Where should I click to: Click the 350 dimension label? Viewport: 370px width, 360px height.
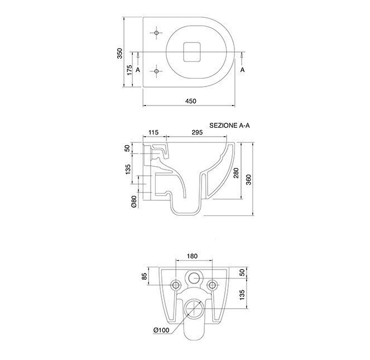tap(120, 54)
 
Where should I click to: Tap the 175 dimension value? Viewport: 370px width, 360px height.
tap(129, 70)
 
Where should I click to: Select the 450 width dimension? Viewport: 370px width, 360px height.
tap(191, 101)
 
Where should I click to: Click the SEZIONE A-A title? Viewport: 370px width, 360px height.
tap(229, 126)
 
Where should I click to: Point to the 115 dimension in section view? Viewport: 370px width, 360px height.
tap(153, 132)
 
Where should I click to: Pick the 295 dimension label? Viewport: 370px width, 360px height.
tap(197, 132)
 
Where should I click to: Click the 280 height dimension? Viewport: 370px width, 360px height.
tap(236, 173)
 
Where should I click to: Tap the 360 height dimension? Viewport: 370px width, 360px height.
tap(249, 180)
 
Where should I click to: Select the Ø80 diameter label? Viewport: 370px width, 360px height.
tap(134, 201)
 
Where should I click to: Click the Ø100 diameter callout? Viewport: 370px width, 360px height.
tap(161, 330)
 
